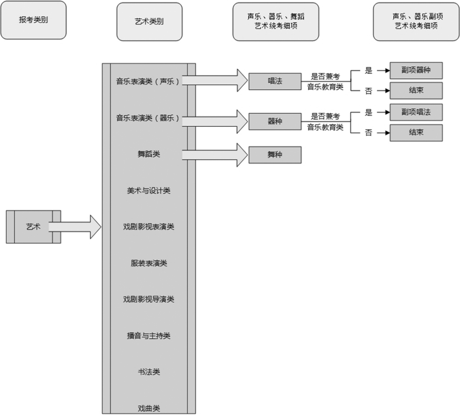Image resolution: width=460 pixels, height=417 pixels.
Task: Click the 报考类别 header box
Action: (x=33, y=20)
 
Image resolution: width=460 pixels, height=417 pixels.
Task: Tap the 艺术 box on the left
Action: (x=33, y=227)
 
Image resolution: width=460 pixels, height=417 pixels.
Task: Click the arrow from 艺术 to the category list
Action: (x=75, y=227)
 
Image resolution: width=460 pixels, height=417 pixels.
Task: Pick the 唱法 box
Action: (x=275, y=81)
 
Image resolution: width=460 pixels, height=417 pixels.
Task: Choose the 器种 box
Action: (x=275, y=121)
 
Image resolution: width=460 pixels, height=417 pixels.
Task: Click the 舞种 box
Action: (x=275, y=155)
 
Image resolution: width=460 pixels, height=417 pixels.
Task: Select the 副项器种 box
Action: (x=416, y=70)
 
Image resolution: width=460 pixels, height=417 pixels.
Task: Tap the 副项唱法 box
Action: (x=416, y=112)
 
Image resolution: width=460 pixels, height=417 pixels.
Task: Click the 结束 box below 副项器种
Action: (x=416, y=91)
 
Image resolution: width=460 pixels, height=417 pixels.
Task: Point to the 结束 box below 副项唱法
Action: (x=416, y=132)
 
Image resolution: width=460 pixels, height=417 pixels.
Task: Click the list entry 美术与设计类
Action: (x=149, y=191)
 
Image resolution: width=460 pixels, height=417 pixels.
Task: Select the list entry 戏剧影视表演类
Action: (x=149, y=227)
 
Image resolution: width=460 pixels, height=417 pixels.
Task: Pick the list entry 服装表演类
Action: (x=149, y=263)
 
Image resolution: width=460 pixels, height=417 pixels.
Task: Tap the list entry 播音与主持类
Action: (x=149, y=336)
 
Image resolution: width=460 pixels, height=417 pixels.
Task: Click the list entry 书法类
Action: (x=149, y=372)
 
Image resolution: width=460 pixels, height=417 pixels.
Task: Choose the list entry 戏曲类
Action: (x=149, y=408)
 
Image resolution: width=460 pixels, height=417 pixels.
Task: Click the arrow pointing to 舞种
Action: (x=215, y=155)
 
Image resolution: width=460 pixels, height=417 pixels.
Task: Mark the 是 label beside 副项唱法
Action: (x=368, y=112)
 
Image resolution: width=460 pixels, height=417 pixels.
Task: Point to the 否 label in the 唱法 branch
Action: (x=368, y=91)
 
